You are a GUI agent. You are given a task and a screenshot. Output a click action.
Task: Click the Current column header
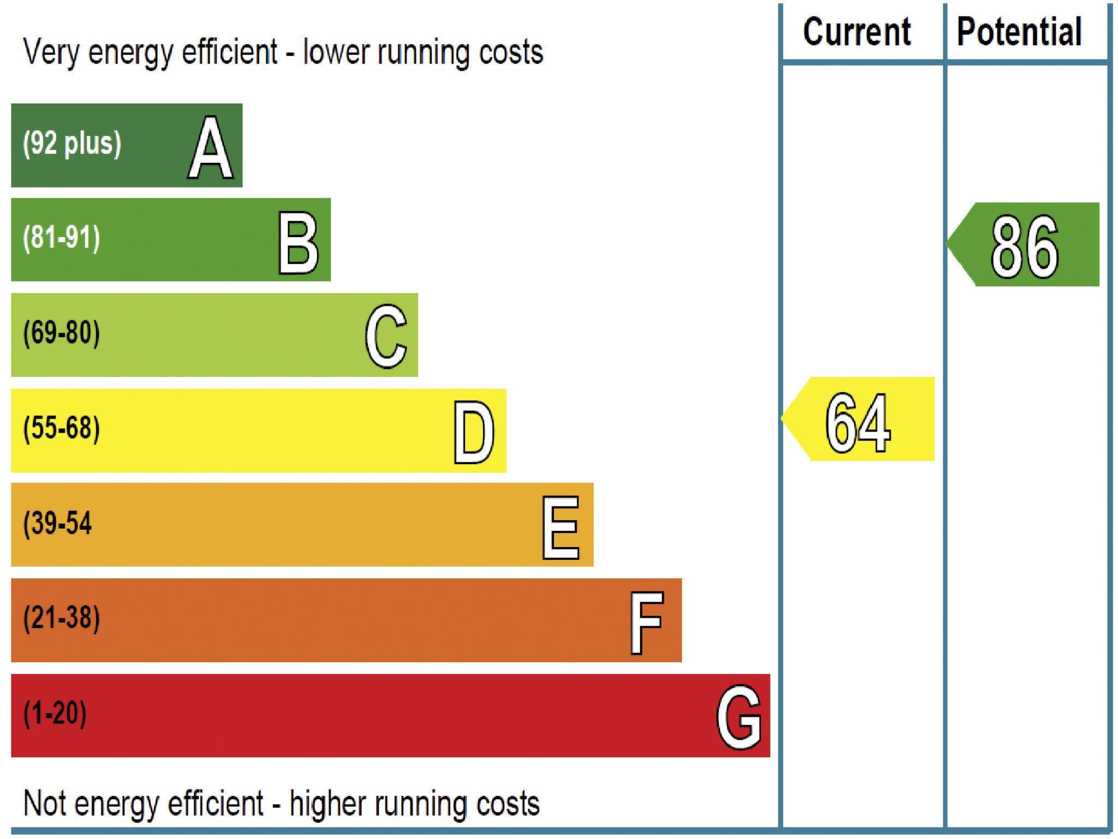click(857, 32)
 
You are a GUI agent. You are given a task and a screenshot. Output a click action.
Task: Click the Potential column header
click(1019, 32)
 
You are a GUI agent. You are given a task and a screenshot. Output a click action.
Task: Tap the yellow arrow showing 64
click(859, 419)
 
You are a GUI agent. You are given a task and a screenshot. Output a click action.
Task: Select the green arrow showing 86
click(1024, 245)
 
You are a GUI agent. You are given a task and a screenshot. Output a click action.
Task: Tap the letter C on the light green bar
click(386, 336)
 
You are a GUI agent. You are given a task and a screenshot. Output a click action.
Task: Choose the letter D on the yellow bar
click(474, 433)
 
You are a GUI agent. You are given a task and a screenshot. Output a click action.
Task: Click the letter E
click(561, 528)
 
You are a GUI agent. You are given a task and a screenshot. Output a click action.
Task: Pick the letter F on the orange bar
click(647, 623)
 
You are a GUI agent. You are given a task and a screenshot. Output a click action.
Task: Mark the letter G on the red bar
click(739, 717)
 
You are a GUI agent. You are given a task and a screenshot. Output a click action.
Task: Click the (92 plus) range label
click(72, 144)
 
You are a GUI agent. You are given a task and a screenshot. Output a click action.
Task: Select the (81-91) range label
click(62, 238)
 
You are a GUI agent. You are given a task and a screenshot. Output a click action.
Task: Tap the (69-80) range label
click(62, 333)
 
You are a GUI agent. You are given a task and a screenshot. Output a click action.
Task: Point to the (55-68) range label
click(62, 428)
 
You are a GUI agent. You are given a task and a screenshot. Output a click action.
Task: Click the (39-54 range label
click(57, 523)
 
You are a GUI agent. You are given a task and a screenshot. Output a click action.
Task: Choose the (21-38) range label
click(62, 618)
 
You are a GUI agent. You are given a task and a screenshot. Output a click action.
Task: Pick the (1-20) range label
click(55, 713)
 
